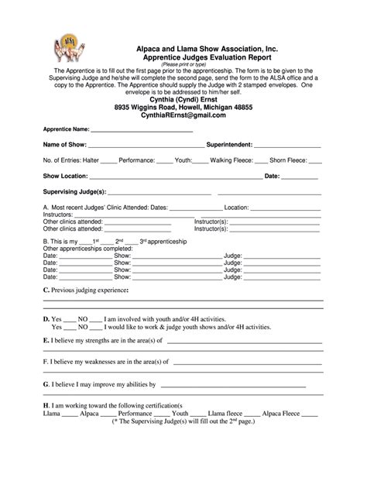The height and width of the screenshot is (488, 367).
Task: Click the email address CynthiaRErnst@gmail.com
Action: coord(183,115)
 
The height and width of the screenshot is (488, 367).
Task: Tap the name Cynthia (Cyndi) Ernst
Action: coord(183,98)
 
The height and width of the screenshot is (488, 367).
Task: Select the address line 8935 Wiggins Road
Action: coord(183,106)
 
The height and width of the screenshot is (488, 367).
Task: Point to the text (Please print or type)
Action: coord(184,65)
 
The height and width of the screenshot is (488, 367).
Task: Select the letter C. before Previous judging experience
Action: coord(46,290)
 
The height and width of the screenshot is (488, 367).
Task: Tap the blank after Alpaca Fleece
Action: coord(309,414)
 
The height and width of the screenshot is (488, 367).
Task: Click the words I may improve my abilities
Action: coord(104,383)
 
